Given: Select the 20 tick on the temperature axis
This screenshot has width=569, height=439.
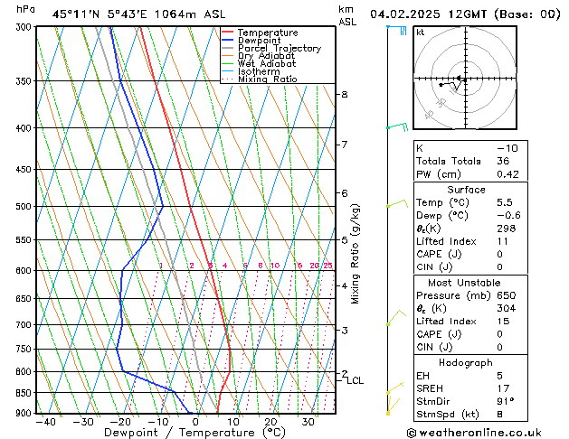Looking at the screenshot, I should [270, 422].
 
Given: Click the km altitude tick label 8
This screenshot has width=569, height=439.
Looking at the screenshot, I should [344, 95].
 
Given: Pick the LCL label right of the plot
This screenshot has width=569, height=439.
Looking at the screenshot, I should [355, 381].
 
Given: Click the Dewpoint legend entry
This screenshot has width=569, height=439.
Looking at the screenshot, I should [258, 41].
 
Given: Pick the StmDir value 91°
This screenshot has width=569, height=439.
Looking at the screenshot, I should [505, 401].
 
